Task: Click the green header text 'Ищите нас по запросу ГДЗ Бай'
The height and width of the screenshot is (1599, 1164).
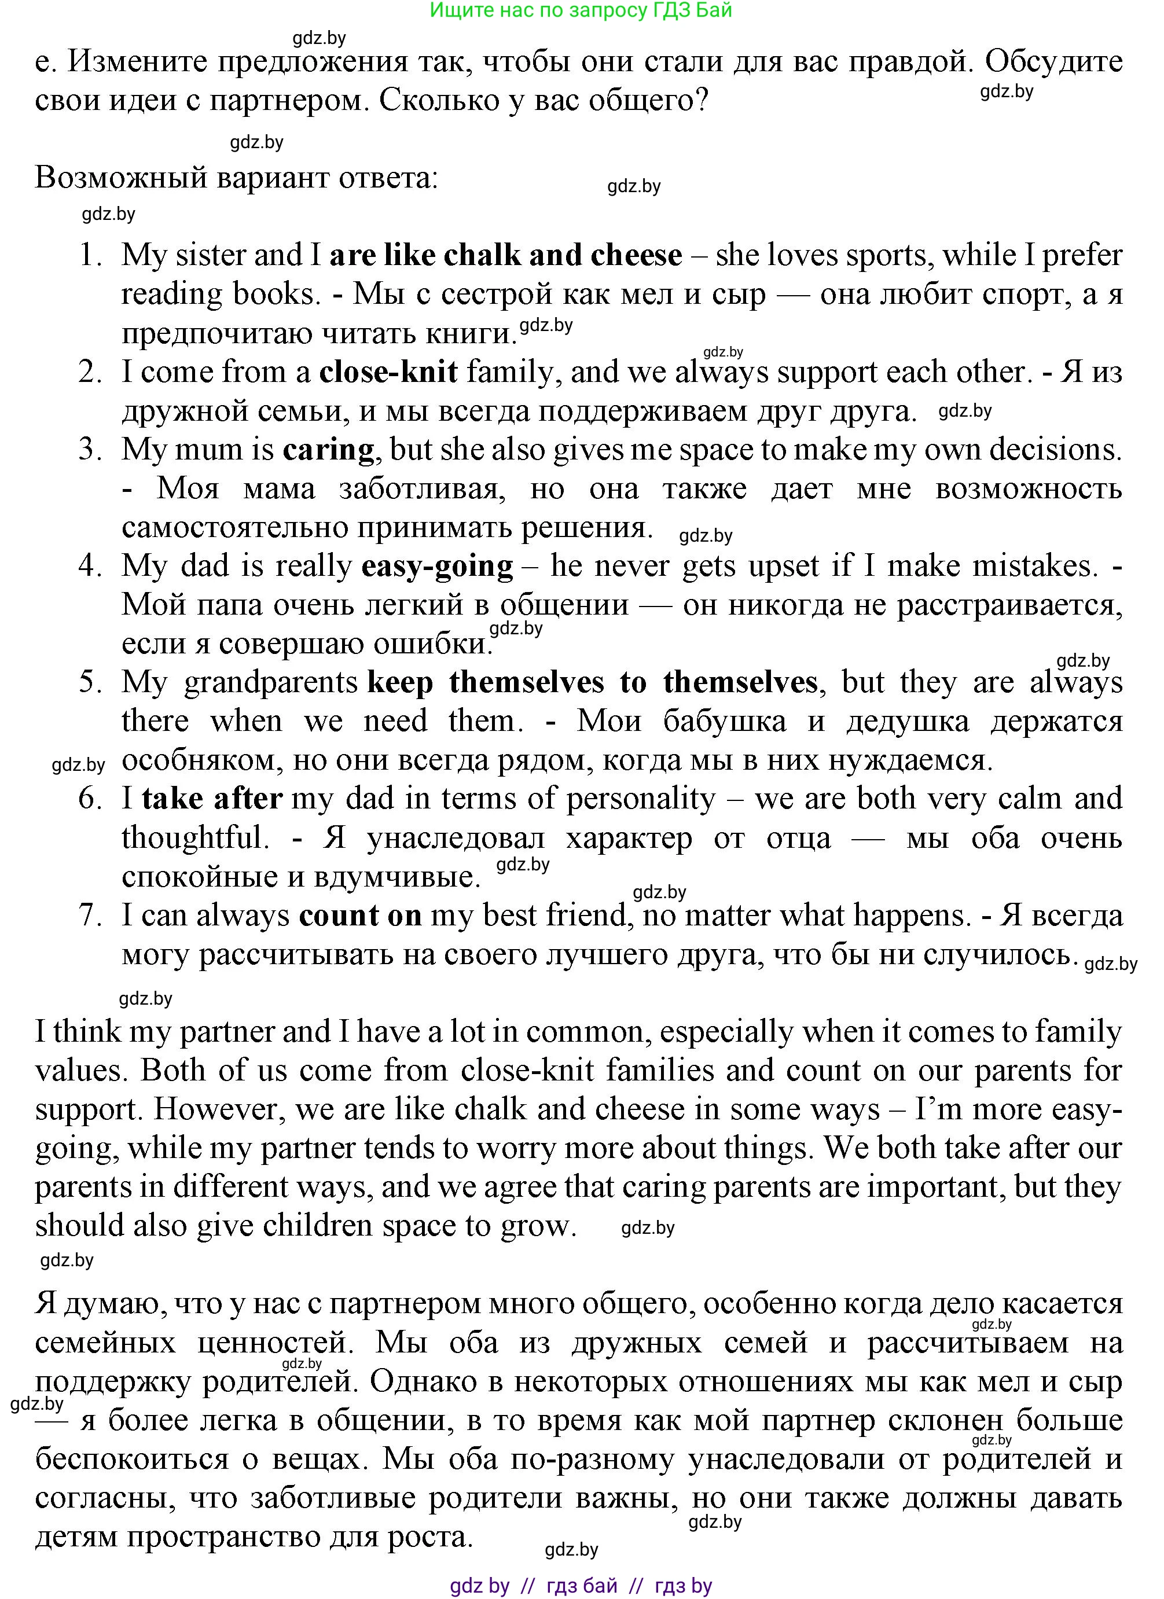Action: tap(581, 10)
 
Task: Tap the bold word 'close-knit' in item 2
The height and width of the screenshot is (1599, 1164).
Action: tap(388, 372)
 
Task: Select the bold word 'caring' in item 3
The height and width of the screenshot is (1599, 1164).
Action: tap(329, 450)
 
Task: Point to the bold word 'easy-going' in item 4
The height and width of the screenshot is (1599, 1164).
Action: tap(437, 566)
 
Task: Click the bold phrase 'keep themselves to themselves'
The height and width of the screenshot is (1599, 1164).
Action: tap(592, 682)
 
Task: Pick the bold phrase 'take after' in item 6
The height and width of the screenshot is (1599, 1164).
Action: tap(212, 799)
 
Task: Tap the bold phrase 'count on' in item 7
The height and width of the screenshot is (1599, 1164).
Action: tap(360, 915)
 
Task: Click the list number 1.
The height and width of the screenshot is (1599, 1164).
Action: tap(90, 255)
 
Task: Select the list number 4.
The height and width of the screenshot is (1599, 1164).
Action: tap(90, 566)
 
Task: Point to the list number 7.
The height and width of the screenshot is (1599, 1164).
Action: tap(90, 915)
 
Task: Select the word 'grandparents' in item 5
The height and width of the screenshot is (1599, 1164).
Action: tap(271, 682)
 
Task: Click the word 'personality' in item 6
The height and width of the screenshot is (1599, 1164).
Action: tap(641, 799)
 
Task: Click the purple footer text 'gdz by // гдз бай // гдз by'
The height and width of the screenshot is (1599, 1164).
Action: tap(581, 1586)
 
